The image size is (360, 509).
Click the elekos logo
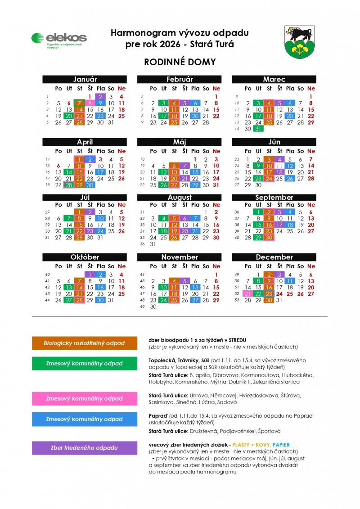[x=58, y=40]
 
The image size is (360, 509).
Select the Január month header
[x=85, y=79]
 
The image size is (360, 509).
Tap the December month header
[x=274, y=257]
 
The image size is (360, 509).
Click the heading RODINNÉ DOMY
[x=180, y=62]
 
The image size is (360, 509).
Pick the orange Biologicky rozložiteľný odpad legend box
[x=85, y=343]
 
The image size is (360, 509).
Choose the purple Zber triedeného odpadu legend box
[x=85, y=448]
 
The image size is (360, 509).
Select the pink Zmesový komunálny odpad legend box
[x=85, y=398]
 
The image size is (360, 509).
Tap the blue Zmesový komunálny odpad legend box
[x=85, y=419]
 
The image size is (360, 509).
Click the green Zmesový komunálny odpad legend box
[x=85, y=363]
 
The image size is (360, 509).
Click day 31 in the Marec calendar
[x=258, y=129]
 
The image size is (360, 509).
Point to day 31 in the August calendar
[x=153, y=244]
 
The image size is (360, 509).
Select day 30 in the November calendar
[x=153, y=306]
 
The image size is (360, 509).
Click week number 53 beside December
[x=237, y=300]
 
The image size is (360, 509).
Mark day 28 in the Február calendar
[x=206, y=122]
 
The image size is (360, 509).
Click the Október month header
[x=85, y=257]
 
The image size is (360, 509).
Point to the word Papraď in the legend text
[x=157, y=416]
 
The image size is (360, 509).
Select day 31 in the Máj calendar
[x=216, y=185]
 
